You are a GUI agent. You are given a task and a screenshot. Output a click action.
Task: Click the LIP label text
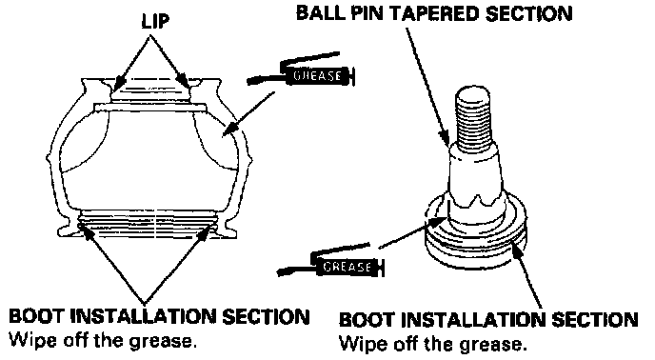[x=155, y=21]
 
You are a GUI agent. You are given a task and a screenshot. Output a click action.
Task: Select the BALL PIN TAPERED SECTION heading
[x=433, y=13]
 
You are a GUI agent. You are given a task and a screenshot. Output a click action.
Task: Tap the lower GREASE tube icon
[x=330, y=262]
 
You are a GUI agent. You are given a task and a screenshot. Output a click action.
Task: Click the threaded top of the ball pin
[x=473, y=114]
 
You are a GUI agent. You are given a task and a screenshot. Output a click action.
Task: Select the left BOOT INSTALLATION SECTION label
[x=159, y=316]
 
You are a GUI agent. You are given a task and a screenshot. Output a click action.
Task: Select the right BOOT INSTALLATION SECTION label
[x=488, y=320]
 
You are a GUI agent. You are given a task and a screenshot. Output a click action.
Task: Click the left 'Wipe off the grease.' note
[x=103, y=341]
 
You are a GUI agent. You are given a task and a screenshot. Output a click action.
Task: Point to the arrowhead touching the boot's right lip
[x=184, y=81]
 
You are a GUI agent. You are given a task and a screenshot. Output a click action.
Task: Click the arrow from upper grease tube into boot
[x=248, y=114]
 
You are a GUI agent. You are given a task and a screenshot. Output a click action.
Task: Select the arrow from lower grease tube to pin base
[x=410, y=233]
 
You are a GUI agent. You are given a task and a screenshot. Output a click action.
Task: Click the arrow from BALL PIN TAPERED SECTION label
[x=427, y=88]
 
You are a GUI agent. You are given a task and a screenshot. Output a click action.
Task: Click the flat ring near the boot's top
[x=150, y=108]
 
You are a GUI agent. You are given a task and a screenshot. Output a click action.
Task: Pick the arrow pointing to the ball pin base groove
[x=526, y=276]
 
